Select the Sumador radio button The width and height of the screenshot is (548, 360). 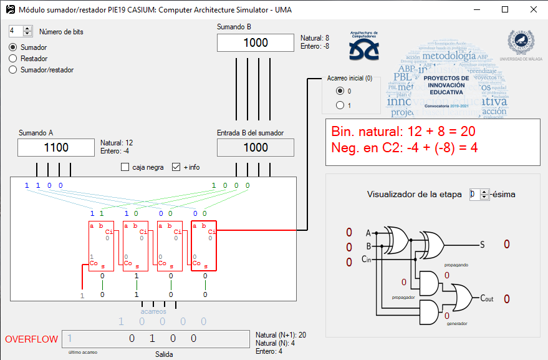point(13,47)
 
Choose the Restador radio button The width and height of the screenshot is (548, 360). point(13,59)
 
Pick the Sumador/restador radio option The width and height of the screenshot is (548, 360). point(13,70)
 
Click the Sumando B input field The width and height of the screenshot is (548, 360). point(255,43)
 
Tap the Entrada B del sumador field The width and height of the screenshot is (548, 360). point(255,148)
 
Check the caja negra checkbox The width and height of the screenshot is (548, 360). point(125,167)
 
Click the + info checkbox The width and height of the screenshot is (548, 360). point(176,167)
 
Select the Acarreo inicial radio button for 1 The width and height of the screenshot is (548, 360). point(340,105)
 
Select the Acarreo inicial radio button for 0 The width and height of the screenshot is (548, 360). point(340,91)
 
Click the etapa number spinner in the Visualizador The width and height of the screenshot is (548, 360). point(475,194)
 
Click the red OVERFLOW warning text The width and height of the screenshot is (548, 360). point(31,339)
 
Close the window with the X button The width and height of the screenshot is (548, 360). point(533,9)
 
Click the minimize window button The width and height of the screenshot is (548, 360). point(477,9)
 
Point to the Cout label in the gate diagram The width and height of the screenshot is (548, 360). point(486,299)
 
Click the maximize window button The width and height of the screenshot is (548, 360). point(505,9)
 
